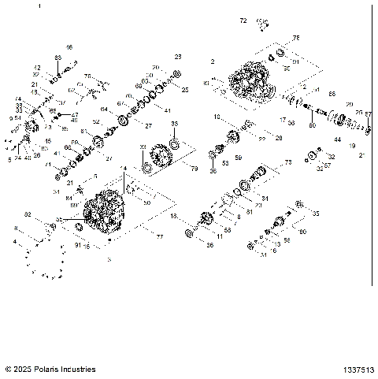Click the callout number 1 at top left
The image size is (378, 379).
point(61,6)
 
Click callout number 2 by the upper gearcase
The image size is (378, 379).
point(213,61)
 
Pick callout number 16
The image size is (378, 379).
point(69,47)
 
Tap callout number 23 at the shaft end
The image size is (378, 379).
point(177,58)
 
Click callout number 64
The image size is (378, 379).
point(104,109)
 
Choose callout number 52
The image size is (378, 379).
point(96,122)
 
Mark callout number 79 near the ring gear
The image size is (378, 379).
point(194,168)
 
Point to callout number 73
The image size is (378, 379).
point(288,162)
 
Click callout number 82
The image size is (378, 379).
point(28,214)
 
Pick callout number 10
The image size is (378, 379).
point(217,117)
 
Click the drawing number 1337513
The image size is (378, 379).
point(358,369)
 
